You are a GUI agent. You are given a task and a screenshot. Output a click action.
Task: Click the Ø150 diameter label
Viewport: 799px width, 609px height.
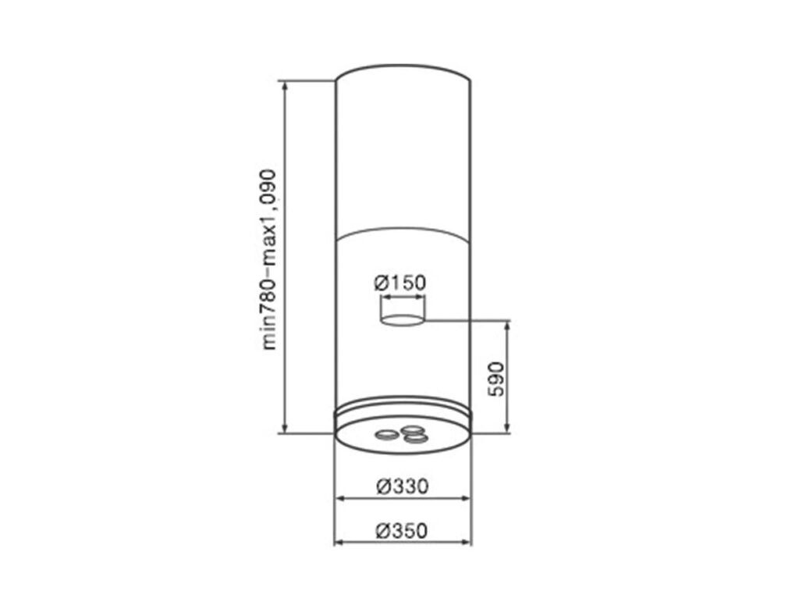click(400, 283)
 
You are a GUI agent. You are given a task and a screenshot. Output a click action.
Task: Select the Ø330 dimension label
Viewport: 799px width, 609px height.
click(402, 486)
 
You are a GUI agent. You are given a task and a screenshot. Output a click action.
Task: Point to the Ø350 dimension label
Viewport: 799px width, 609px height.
click(402, 531)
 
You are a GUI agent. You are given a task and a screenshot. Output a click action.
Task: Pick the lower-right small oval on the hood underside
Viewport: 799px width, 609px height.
click(417, 439)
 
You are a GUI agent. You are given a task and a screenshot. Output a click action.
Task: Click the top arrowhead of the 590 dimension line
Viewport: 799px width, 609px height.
click(508, 325)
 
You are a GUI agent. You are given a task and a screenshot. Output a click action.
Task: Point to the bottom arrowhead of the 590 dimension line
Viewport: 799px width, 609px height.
click(508, 428)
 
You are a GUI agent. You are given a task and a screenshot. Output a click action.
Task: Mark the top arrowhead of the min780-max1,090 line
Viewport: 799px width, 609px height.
click(286, 84)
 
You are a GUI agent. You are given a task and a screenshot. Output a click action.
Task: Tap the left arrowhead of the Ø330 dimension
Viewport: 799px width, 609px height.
click(339, 497)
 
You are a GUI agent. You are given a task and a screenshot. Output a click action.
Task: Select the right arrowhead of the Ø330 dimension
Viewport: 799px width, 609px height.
click(467, 497)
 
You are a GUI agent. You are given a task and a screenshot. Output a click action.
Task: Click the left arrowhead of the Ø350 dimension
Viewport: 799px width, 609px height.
click(338, 543)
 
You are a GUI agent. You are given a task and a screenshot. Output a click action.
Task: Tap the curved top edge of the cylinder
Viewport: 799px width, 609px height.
click(403, 67)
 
